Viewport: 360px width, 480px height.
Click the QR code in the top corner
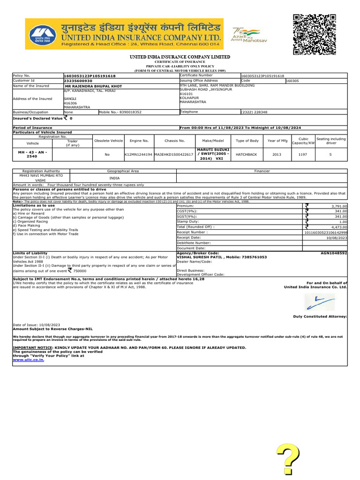(x=315, y=35)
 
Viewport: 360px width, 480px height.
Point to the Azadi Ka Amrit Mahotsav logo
(x=247, y=35)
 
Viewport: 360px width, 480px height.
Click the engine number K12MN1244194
(x=138, y=154)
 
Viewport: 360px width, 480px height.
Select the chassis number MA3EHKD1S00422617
(x=174, y=154)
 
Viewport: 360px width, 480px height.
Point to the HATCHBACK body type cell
(x=247, y=154)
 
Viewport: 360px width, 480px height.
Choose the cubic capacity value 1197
(x=303, y=154)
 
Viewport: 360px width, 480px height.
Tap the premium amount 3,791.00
(x=337, y=206)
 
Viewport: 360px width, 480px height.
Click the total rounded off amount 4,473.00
(x=337, y=226)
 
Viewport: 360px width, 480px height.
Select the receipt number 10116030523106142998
(x=326, y=232)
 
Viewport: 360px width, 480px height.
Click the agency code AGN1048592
(x=334, y=253)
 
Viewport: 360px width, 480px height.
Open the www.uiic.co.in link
(x=28, y=360)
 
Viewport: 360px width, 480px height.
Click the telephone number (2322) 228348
(x=254, y=112)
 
